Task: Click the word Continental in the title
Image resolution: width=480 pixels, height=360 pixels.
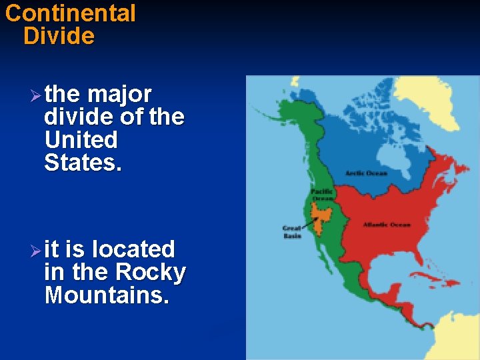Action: tap(70, 13)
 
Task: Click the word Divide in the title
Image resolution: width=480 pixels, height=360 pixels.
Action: tap(59, 36)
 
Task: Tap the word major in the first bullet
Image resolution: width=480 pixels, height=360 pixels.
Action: tap(119, 94)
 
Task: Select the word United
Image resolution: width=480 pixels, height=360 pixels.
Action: tap(81, 140)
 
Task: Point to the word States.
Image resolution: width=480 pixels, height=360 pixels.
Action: tap(83, 163)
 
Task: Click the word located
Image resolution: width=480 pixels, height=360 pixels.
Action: tap(133, 249)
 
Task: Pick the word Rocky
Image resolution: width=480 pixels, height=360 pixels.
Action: tap(151, 272)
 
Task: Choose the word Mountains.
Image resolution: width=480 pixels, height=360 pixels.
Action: tap(107, 295)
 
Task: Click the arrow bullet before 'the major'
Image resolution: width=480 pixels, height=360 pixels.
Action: tap(36, 95)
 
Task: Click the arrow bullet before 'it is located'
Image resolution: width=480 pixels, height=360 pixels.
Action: tap(36, 251)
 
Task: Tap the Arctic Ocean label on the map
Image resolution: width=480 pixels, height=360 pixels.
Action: tap(366, 173)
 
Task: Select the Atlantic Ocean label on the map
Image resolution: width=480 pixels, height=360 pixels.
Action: tap(386, 225)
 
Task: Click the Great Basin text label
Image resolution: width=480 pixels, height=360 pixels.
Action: tap(291, 231)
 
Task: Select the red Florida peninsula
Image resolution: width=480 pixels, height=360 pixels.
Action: tap(413, 270)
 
